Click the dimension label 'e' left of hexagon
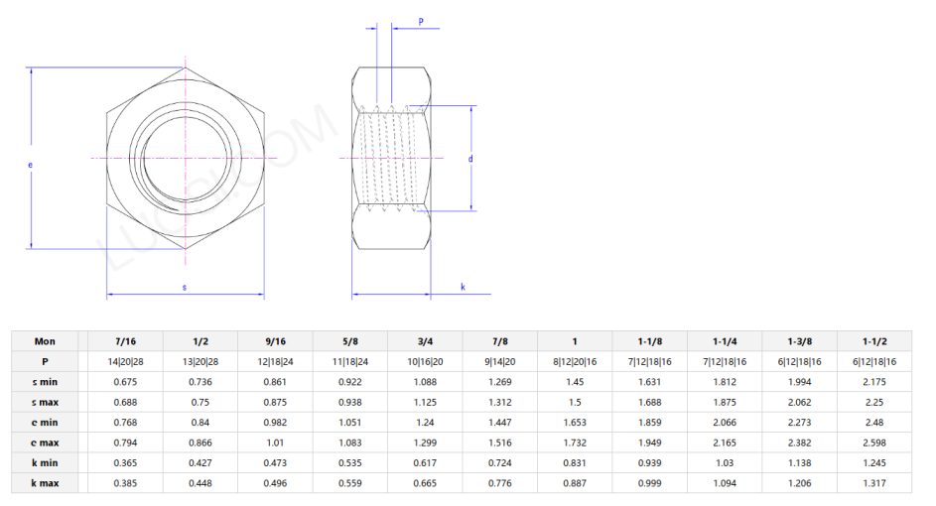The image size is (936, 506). pyautogui.click(x=30, y=165)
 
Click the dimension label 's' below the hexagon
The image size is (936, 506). pyautogui.click(x=185, y=288)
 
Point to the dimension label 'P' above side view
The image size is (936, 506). pyautogui.click(x=421, y=21)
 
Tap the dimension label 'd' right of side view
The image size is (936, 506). pyautogui.click(x=469, y=158)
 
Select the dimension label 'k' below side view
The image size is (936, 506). pyautogui.click(x=463, y=288)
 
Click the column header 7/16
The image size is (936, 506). pyautogui.click(x=125, y=340)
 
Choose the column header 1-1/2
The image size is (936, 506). pyautogui.click(x=873, y=340)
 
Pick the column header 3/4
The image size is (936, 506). pyautogui.click(x=424, y=340)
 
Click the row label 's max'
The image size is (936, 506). pyautogui.click(x=45, y=402)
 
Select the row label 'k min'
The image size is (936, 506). pyautogui.click(x=45, y=462)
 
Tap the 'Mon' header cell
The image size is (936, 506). pyautogui.click(x=45, y=340)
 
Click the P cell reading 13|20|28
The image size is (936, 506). pyautogui.click(x=200, y=361)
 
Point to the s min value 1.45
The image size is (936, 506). pyautogui.click(x=574, y=382)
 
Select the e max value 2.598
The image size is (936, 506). pyautogui.click(x=873, y=443)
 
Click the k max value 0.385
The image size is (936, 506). pyautogui.click(x=125, y=483)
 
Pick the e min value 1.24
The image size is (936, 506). pyautogui.click(x=424, y=422)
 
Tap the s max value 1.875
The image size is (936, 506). pyautogui.click(x=724, y=402)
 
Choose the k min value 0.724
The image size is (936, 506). pyautogui.click(x=499, y=462)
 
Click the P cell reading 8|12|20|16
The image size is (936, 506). pyautogui.click(x=574, y=361)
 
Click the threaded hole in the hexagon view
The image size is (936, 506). pyautogui.click(x=185, y=158)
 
